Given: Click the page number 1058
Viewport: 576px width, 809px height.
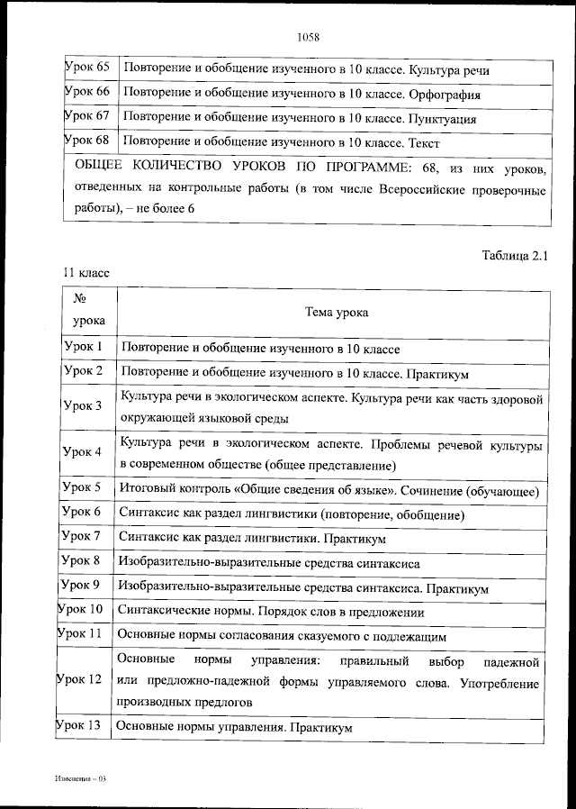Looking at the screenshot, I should [x=308, y=37].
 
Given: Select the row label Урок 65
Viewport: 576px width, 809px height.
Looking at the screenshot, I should [x=87, y=68].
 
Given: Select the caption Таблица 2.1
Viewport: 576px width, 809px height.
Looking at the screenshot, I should [x=515, y=255].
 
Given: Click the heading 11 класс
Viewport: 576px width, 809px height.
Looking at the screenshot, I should [x=85, y=271].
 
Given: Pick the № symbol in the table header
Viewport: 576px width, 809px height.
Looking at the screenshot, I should [x=78, y=298].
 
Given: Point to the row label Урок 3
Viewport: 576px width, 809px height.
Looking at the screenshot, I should [x=83, y=406].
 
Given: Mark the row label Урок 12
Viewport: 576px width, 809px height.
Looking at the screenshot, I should [x=81, y=680].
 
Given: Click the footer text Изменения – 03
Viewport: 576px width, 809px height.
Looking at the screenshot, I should [x=80, y=776].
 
